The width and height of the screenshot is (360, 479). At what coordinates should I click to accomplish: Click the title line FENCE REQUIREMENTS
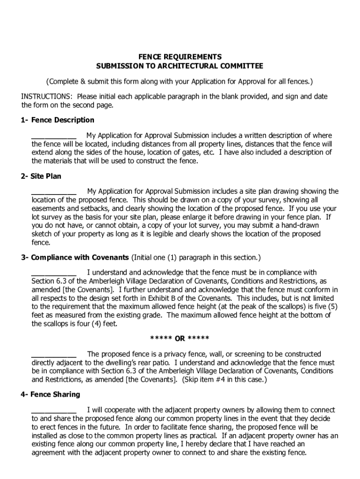tap(180, 57)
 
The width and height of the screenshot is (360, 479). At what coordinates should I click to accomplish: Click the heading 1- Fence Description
tap(57, 120)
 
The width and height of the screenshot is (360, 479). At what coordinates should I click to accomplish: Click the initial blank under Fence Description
tap(54, 137)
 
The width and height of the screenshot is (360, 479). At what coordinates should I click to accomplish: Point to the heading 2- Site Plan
tap(41, 176)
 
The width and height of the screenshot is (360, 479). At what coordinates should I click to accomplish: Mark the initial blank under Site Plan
tap(54, 192)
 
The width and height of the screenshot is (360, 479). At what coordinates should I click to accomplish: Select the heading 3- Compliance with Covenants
tap(74, 258)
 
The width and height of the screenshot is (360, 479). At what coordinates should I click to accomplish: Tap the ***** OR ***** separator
tap(180, 338)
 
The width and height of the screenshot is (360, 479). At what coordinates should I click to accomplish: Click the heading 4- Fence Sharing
tap(50, 394)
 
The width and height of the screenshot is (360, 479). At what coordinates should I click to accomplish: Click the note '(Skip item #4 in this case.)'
tap(224, 379)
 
